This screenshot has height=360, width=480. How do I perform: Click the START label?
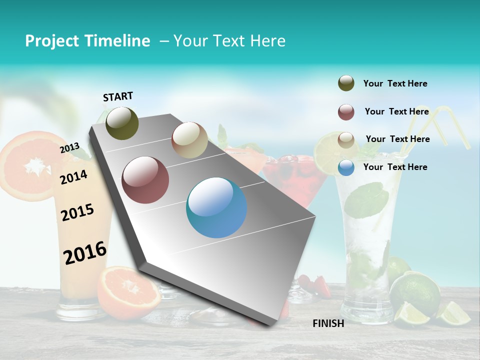118,96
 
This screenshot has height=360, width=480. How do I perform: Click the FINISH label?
328,323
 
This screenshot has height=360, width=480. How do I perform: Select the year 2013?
69,147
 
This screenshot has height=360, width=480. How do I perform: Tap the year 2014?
74,177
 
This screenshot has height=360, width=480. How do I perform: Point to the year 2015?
77,212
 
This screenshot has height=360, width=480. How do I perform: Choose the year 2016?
85,253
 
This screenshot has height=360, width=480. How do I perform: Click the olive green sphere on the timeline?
122,123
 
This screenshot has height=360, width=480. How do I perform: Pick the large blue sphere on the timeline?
216,207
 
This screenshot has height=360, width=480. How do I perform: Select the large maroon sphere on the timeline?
145,180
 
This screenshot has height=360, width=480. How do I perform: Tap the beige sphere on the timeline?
189,140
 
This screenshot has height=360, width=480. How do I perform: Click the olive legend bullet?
346,83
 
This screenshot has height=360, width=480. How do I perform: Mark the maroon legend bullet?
346,112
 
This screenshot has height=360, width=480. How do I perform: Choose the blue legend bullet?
346,167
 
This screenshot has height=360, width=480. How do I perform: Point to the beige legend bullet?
346,139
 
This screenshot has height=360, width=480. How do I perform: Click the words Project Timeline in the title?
87,41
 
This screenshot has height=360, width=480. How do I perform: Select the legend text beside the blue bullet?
395,167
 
